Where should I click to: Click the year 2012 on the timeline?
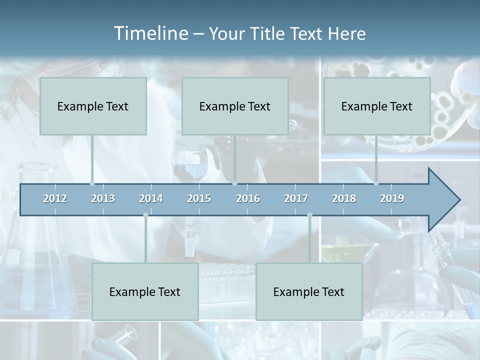(x=55, y=198)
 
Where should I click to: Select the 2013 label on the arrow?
(x=103, y=198)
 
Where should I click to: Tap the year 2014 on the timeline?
(x=151, y=198)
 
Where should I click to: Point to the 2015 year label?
(x=199, y=198)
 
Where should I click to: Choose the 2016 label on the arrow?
(x=248, y=198)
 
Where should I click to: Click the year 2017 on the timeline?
(x=296, y=198)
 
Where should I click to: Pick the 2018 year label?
(x=344, y=198)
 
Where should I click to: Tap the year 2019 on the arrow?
(x=392, y=198)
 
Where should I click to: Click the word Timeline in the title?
(x=150, y=33)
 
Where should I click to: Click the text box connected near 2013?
(x=93, y=106)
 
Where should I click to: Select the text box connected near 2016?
(x=235, y=106)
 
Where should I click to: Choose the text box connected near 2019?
(x=377, y=106)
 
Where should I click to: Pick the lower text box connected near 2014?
(x=145, y=291)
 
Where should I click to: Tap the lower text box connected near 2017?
(x=309, y=291)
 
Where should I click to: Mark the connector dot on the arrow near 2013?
(x=92, y=183)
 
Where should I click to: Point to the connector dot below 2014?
(x=145, y=215)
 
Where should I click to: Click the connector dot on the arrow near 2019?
(x=376, y=183)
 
